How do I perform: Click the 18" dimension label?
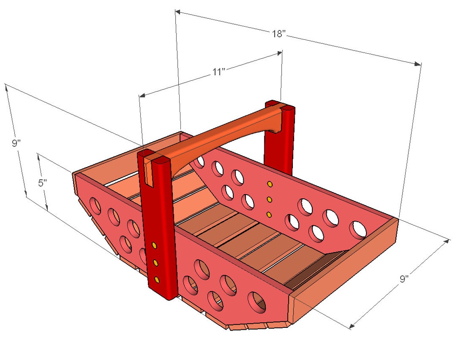pos(279,34)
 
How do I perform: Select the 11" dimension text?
pos(219,72)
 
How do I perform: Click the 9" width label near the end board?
pos(404,279)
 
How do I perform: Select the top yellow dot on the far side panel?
pos(270,184)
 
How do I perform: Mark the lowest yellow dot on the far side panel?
pos(269,215)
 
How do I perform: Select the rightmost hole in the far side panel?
pos(358,230)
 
